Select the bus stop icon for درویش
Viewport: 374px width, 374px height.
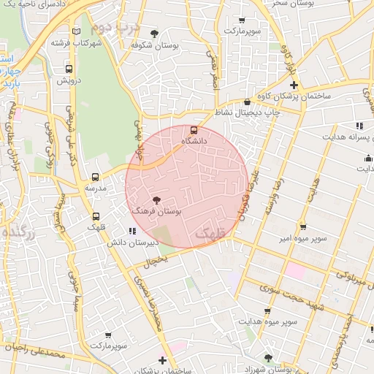59,70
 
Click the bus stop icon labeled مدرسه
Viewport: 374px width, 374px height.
95,177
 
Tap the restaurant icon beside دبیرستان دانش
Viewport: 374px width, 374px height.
131,232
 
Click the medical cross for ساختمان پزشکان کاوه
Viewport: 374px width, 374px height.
294,85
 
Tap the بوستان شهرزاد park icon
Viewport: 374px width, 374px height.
268,358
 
